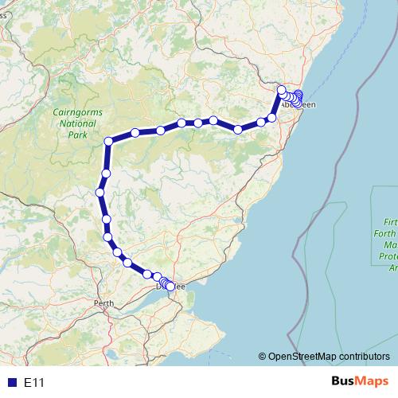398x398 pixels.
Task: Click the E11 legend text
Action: click(x=34, y=383)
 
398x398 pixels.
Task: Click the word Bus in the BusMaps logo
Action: click(x=345, y=382)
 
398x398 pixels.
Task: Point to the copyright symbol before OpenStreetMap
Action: click(x=262, y=357)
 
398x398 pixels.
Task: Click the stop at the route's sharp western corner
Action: click(x=109, y=142)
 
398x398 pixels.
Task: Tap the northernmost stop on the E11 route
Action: click(x=281, y=89)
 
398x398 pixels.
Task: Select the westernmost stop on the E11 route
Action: click(x=100, y=192)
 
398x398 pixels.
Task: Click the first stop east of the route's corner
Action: click(x=135, y=132)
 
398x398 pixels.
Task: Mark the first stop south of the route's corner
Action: click(x=106, y=173)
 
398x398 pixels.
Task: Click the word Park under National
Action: click(x=77, y=135)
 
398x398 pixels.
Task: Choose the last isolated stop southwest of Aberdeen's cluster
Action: click(x=271, y=118)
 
